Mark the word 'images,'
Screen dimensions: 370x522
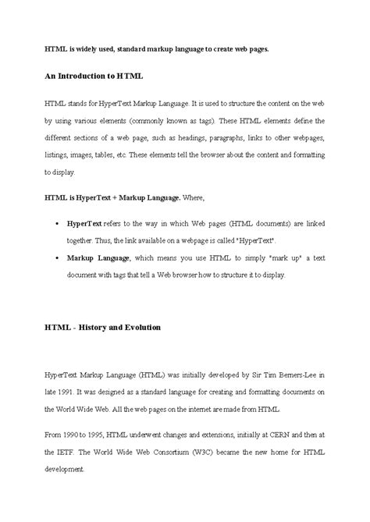click(x=90, y=155)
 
